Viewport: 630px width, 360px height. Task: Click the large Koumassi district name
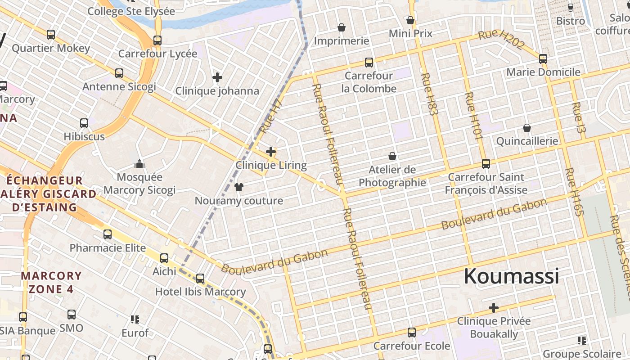(511, 276)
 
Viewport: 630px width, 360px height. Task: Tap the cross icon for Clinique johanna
(217, 77)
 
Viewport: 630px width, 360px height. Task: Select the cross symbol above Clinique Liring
(271, 152)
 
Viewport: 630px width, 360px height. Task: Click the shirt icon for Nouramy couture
(239, 187)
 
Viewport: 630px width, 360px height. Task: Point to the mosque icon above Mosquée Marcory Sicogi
(139, 163)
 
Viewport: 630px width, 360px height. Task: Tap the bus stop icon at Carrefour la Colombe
(369, 62)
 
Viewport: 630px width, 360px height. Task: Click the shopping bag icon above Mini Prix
(410, 20)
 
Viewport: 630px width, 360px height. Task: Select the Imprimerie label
(342, 41)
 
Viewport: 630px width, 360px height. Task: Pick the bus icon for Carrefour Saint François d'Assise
(486, 163)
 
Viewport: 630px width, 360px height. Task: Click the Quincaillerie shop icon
(527, 128)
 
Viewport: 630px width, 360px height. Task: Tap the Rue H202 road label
(501, 40)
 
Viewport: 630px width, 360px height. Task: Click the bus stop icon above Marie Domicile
(543, 58)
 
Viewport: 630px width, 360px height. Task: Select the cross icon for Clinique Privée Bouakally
(494, 308)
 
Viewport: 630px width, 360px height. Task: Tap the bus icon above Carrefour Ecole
(412, 333)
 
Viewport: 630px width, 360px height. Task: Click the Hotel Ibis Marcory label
(200, 292)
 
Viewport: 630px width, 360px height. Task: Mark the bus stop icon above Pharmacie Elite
(108, 234)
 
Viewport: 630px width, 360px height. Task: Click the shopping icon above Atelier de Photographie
(392, 156)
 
